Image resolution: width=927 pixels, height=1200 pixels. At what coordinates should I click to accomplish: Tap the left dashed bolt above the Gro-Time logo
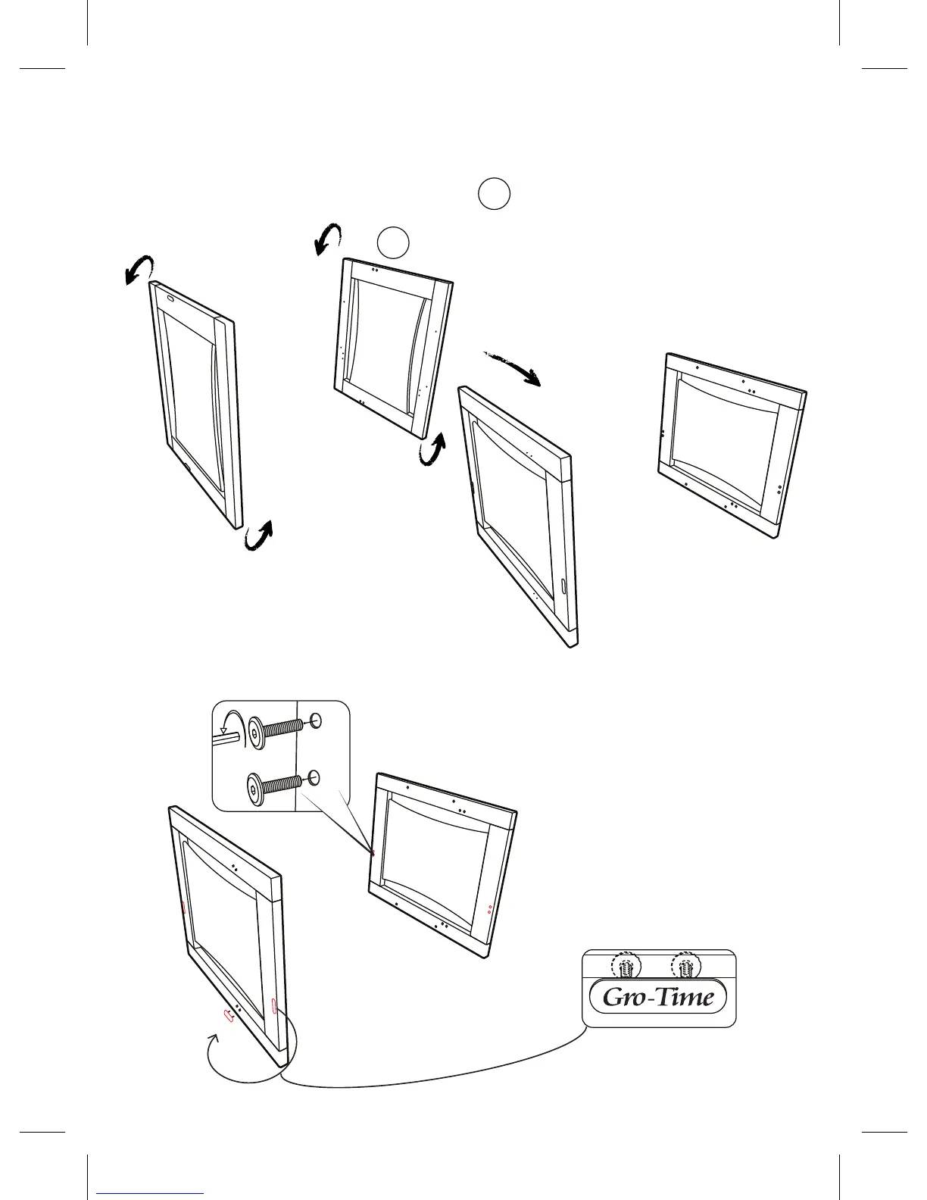(626, 967)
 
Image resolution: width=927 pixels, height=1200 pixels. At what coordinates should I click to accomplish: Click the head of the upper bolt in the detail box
(257, 734)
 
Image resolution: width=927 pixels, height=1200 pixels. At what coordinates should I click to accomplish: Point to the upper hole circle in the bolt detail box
(316, 720)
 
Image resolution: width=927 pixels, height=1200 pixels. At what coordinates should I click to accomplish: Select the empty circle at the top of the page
(494, 194)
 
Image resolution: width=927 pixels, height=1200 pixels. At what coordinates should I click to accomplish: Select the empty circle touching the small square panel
(393, 242)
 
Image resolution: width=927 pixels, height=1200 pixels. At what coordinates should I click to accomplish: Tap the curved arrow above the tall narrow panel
(139, 269)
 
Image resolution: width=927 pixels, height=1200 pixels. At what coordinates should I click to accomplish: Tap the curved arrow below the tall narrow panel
(259, 536)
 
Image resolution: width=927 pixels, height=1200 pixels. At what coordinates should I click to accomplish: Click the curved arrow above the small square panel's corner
(328, 239)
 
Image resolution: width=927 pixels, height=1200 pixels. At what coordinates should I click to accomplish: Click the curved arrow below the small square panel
(433, 449)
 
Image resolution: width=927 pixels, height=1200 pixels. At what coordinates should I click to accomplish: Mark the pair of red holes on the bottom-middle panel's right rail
(489, 907)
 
